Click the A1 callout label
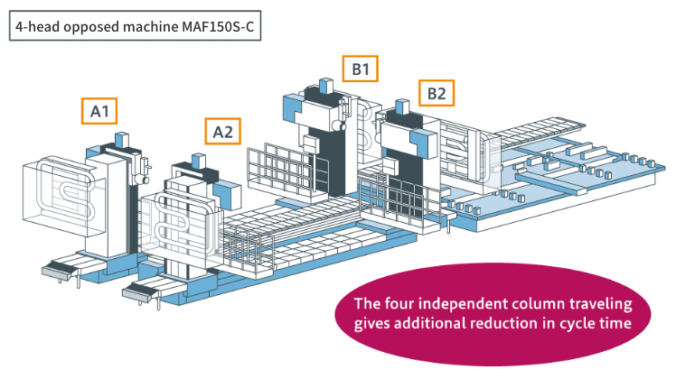tap(99, 111)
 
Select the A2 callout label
tap(222, 132)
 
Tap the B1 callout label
tap(361, 69)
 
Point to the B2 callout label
tap(437, 93)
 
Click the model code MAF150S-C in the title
tap(218, 26)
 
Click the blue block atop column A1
tap(122, 140)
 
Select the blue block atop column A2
tap(198, 161)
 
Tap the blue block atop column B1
tap(326, 85)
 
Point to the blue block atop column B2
tap(402, 106)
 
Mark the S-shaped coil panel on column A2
tap(182, 224)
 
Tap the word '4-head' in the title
tap(37, 27)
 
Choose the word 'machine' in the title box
tap(150, 27)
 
